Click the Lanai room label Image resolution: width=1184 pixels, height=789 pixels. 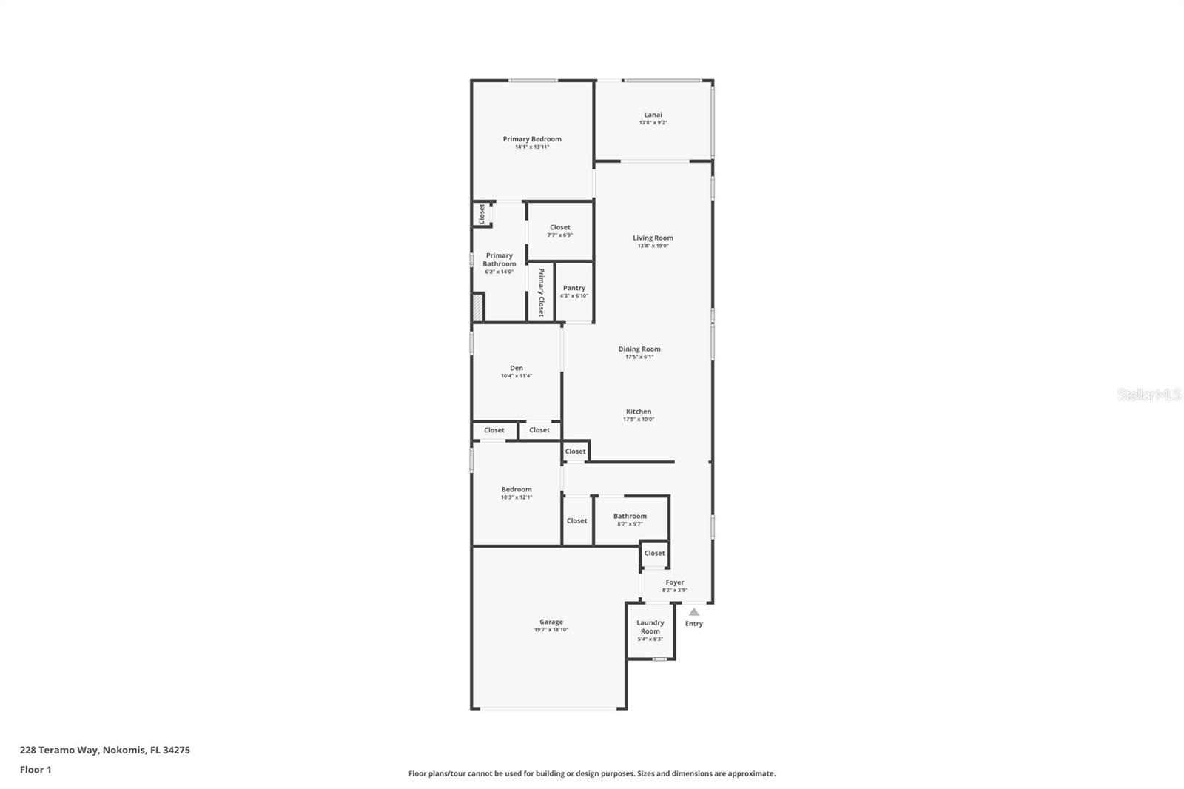[653, 115]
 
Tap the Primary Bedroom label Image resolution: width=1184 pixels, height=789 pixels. [532, 139]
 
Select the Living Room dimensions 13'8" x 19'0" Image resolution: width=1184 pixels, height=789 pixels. [653, 246]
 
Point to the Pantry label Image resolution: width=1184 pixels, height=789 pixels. [574, 288]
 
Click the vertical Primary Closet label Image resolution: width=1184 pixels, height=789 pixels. [541, 292]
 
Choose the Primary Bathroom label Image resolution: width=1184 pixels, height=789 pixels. [499, 260]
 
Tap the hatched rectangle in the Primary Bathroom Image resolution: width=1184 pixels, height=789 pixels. [478, 307]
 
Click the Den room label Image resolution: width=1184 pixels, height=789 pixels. [517, 368]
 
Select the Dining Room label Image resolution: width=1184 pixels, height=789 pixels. [639, 349]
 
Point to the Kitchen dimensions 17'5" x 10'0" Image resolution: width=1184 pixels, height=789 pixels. [639, 420]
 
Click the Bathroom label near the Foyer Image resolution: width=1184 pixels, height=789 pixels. [630, 516]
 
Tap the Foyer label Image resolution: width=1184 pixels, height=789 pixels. [674, 582]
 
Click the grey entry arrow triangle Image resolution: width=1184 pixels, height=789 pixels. [694, 612]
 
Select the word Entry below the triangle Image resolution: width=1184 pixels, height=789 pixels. [694, 624]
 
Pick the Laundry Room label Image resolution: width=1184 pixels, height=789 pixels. [650, 627]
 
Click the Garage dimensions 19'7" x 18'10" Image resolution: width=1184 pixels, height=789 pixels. [551, 630]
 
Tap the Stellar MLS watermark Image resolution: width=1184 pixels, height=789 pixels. [1149, 395]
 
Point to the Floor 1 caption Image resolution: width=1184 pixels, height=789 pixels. [36, 770]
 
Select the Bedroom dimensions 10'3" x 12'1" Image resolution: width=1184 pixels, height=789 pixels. [517, 497]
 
